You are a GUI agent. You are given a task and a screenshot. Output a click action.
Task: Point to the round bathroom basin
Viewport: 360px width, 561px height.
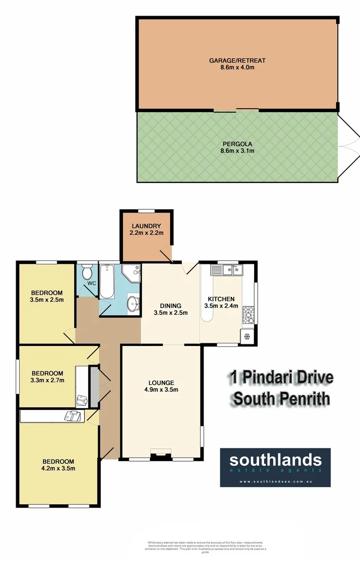click(x=134, y=302)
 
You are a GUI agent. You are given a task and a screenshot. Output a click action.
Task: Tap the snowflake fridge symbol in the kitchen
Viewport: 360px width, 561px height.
click(x=246, y=336)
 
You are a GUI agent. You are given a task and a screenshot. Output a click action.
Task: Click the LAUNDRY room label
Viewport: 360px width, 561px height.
click(x=146, y=226)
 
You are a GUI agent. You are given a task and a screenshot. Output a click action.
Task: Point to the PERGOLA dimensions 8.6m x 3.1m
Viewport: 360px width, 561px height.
click(x=236, y=151)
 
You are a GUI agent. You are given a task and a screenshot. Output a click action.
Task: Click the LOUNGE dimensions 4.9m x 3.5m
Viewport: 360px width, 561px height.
click(x=161, y=390)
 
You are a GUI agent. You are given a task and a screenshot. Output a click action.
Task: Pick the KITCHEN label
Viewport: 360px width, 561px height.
click(x=221, y=299)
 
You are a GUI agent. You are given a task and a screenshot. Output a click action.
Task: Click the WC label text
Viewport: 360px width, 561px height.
click(x=91, y=283)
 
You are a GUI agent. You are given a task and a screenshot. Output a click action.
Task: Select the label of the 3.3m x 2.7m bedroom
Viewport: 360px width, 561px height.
click(x=47, y=373)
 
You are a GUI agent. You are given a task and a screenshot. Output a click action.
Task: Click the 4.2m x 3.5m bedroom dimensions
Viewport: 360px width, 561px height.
click(x=59, y=469)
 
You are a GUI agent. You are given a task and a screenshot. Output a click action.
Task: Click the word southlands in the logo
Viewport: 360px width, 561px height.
click(x=275, y=460)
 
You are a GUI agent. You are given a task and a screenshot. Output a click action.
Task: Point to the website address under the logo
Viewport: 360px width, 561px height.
click(x=275, y=482)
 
